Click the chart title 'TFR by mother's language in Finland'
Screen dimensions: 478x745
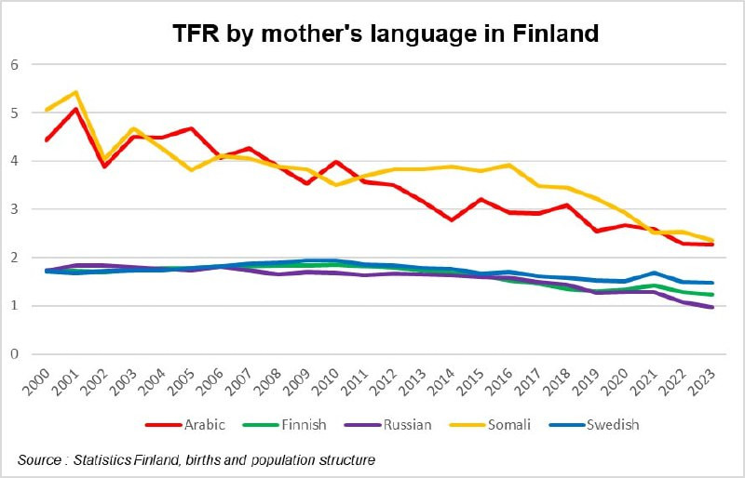pos(385,34)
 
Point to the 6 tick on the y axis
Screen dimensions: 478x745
pos(14,65)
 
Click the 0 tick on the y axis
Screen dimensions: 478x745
pos(14,354)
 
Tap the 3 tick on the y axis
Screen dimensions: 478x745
pos(14,209)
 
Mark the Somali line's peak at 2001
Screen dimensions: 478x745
pos(75,92)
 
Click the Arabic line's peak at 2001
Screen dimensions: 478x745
pos(75,109)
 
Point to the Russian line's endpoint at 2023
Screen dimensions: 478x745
pos(712,307)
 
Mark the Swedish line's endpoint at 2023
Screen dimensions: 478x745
pos(712,283)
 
